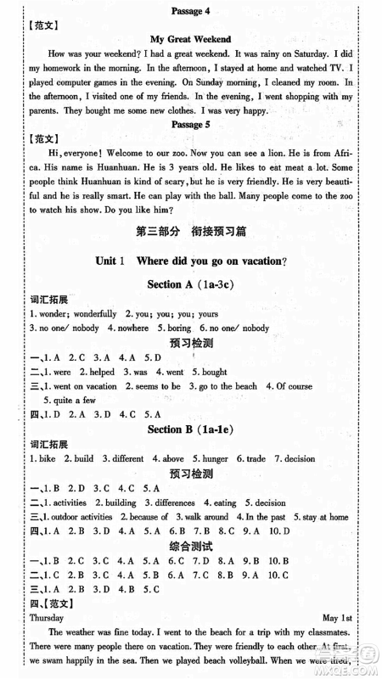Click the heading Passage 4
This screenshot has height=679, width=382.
coord(191,10)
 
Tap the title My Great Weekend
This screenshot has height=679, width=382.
coord(190,39)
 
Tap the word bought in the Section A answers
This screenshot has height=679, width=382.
coord(215,348)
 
